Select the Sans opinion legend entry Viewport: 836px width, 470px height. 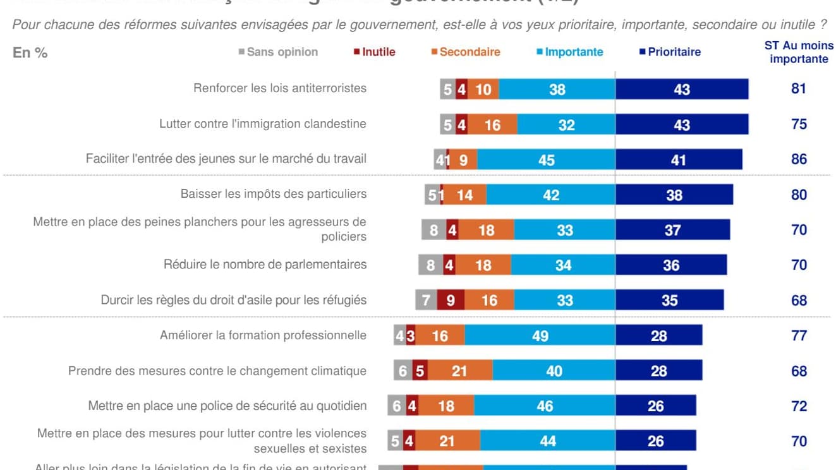tap(278, 52)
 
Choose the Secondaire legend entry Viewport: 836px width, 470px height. tap(466, 52)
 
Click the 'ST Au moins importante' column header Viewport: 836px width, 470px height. tap(799, 52)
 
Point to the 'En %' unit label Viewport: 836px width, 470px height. tap(30, 53)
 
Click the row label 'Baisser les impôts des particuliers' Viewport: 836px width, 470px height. tap(273, 194)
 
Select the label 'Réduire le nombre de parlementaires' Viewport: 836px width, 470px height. tap(265, 264)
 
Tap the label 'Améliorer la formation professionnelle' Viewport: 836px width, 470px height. tap(263, 335)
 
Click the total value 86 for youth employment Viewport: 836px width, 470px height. tap(799, 159)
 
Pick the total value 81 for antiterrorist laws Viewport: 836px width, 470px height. tap(799, 88)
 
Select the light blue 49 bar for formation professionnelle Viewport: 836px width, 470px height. tap(540, 335)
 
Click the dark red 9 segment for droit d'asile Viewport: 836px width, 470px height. tap(451, 300)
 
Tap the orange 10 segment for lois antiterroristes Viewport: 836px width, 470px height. tap(483, 89)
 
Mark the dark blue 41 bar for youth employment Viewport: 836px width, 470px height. tap(678, 160)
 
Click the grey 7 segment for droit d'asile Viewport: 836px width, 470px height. tap(426, 300)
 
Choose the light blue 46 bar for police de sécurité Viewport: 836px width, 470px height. tap(544, 406)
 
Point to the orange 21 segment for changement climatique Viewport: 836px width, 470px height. tap(460, 371)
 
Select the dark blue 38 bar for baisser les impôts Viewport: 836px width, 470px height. tap(674, 195)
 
